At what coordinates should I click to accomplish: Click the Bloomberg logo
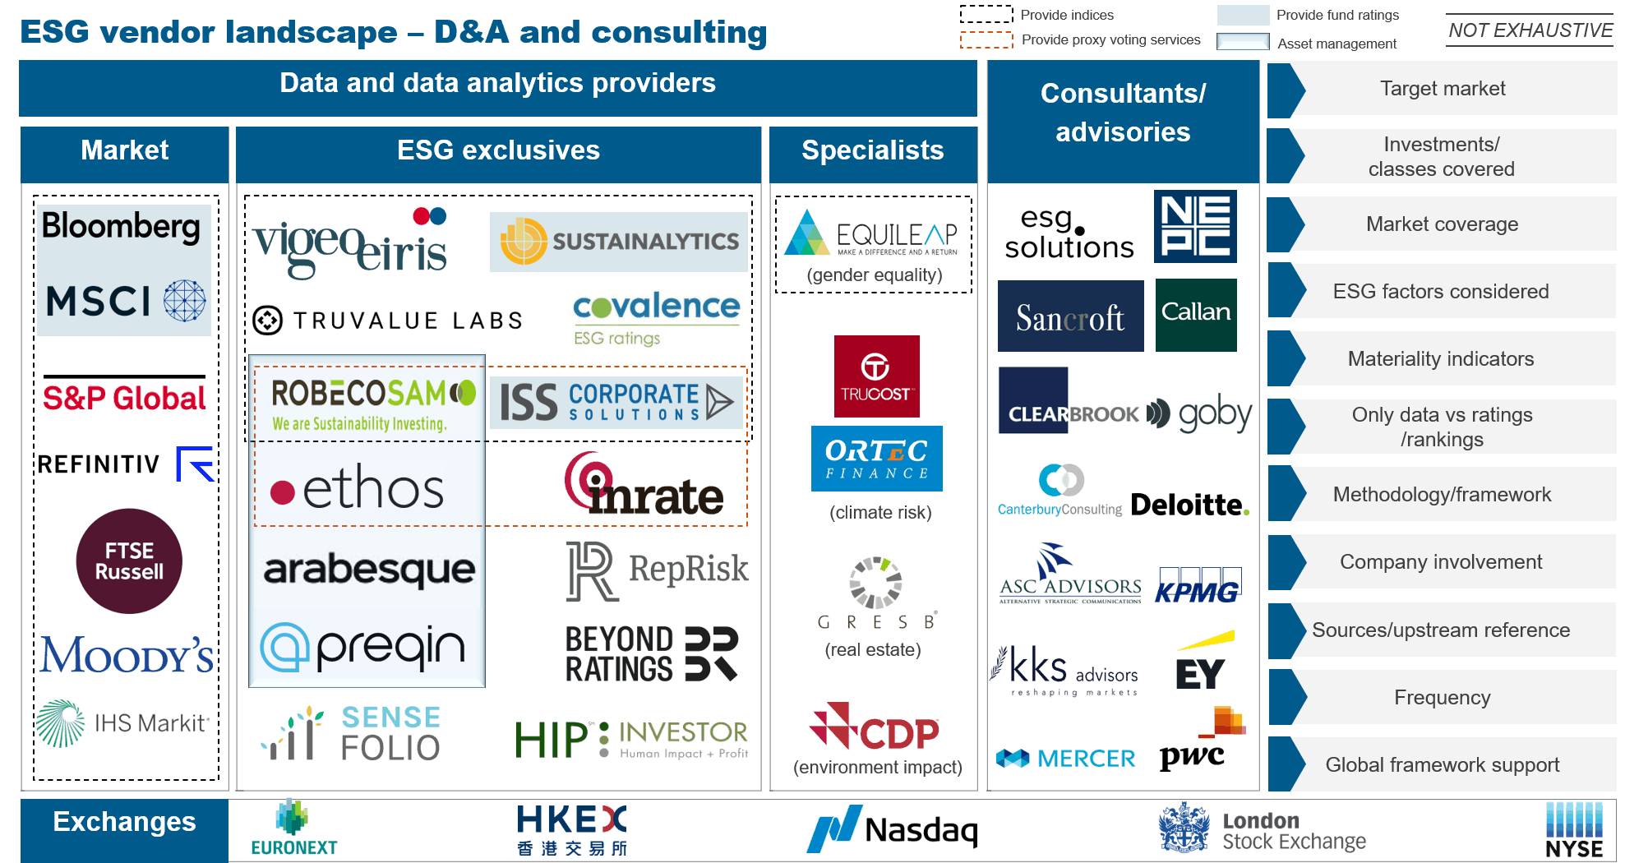pyautogui.click(x=121, y=226)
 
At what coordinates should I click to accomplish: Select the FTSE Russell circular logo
pyautogui.click(x=129, y=561)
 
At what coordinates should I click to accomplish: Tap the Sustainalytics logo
pyautogui.click(x=619, y=242)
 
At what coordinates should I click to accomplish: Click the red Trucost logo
pyautogui.click(x=876, y=376)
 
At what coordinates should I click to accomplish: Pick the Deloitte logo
pyautogui.click(x=1189, y=504)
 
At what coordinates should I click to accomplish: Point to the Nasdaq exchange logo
pyautogui.click(x=893, y=828)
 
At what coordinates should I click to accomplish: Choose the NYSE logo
pyautogui.click(x=1574, y=830)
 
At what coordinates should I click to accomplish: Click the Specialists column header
pyautogui.click(x=872, y=150)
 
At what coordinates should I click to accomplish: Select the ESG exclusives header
pyautogui.click(x=498, y=150)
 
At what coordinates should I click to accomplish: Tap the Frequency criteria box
pyautogui.click(x=1442, y=697)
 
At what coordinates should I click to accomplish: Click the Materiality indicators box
pyautogui.click(x=1441, y=358)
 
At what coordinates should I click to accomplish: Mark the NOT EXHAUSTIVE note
pyautogui.click(x=1530, y=30)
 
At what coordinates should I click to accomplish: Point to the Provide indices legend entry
pyautogui.click(x=1067, y=15)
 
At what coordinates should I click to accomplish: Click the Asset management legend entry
pyautogui.click(x=1336, y=44)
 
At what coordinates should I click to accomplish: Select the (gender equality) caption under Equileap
pyautogui.click(x=874, y=275)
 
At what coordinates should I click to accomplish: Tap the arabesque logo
pyautogui.click(x=369, y=569)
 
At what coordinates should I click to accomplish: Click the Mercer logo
pyautogui.click(x=1065, y=758)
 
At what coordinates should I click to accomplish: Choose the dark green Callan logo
pyautogui.click(x=1196, y=313)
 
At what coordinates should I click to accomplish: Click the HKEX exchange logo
pyautogui.click(x=572, y=828)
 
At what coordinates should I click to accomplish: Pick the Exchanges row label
pyautogui.click(x=124, y=822)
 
